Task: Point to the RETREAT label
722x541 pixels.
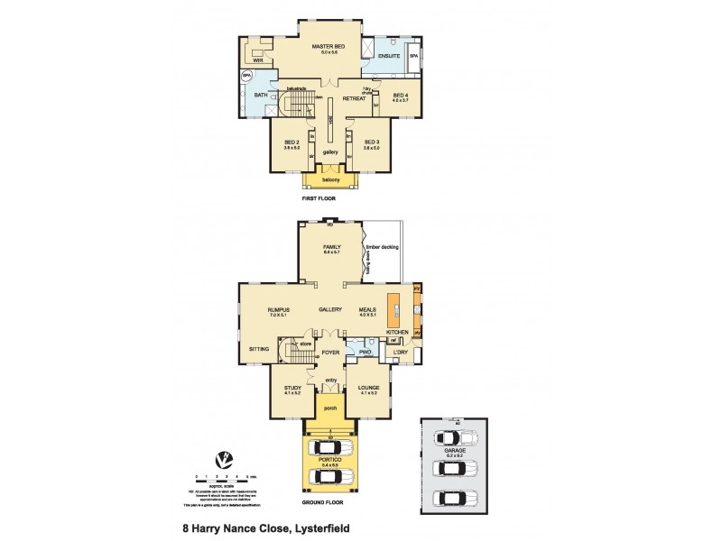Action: point(354,98)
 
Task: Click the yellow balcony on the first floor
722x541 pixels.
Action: point(330,179)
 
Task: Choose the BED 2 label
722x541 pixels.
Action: point(291,142)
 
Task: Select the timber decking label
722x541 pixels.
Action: point(382,246)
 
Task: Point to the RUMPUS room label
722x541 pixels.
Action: point(277,309)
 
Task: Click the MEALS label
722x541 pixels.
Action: point(366,309)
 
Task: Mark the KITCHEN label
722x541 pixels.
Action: point(398,333)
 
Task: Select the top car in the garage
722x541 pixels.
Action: point(451,439)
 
